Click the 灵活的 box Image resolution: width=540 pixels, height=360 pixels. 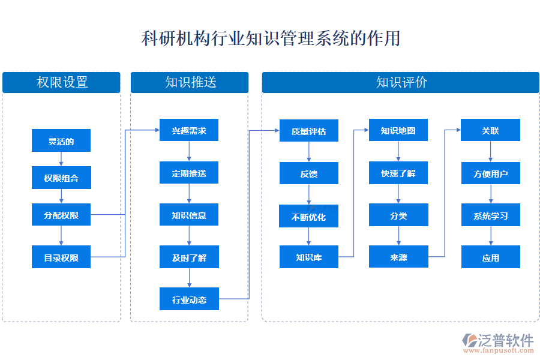tap(61, 142)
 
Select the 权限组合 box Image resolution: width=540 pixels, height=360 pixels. tap(61, 178)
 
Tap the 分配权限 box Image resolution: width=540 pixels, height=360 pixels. tap(61, 215)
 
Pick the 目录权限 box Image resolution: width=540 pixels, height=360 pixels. tap(61, 257)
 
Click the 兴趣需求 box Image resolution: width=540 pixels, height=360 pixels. tap(189, 130)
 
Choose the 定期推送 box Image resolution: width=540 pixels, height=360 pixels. tap(189, 173)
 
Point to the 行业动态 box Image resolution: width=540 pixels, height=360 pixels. tap(189, 299)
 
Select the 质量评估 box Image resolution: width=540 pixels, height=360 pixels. tap(309, 131)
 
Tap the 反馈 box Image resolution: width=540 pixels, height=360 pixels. tap(309, 173)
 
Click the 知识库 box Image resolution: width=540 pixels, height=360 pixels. tap(309, 257)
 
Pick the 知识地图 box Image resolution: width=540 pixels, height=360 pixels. tap(398, 130)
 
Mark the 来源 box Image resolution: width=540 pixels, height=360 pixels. tap(398, 257)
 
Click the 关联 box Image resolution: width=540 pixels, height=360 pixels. tap(490, 130)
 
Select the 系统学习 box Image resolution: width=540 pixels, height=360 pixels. tap(490, 215)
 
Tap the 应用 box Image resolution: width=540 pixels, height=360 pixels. tap(490, 257)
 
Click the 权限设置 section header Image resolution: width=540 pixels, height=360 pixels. tap(61, 82)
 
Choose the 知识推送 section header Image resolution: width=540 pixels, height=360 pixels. tap(190, 82)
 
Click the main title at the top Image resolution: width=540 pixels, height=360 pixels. tap(271, 39)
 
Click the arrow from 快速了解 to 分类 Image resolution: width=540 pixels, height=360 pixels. tap(398, 194)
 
